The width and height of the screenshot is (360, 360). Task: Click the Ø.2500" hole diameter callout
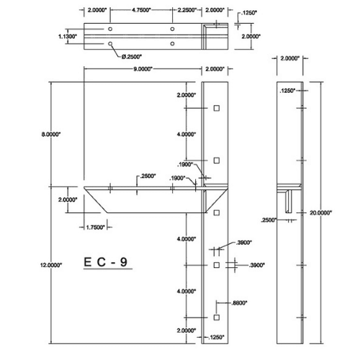click(x=130, y=55)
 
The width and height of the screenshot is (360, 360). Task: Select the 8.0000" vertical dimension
click(x=51, y=134)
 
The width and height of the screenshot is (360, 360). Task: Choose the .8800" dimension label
click(x=240, y=303)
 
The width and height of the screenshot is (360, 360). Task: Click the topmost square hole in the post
click(x=216, y=108)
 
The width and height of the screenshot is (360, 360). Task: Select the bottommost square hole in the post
click(x=216, y=317)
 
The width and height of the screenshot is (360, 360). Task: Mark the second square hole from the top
click(x=216, y=160)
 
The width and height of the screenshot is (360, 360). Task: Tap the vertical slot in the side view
click(x=289, y=201)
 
